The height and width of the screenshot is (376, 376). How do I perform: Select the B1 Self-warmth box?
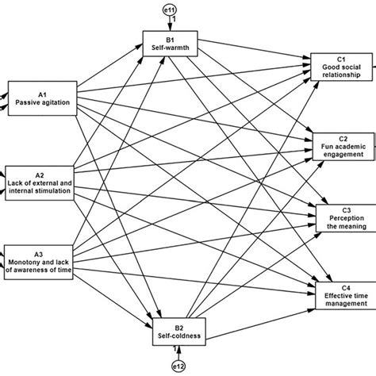(x=168, y=42)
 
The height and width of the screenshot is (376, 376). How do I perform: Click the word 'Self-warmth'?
(x=168, y=47)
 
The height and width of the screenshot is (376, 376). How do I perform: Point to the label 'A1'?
(x=40, y=93)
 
